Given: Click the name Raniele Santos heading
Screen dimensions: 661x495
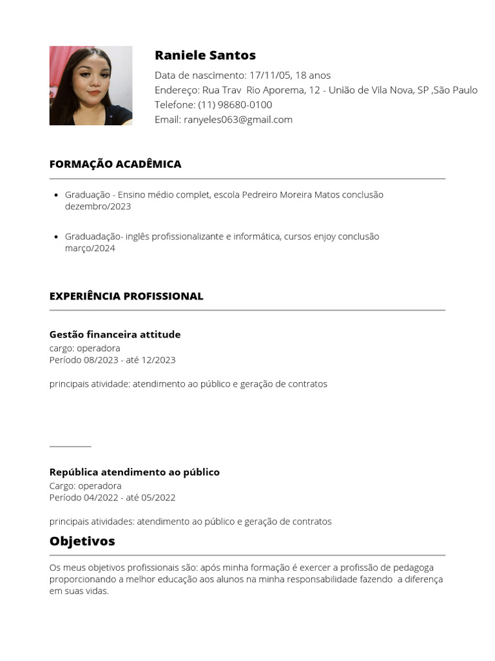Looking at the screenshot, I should [205, 56].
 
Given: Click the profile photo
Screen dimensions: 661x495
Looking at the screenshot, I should [91, 86].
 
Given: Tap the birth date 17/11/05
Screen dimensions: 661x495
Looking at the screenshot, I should [269, 75].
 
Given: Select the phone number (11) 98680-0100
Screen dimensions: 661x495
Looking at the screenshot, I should [235, 105].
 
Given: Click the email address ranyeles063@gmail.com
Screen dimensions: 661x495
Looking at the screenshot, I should [238, 119].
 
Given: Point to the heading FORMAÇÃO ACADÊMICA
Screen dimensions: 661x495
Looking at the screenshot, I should [115, 164].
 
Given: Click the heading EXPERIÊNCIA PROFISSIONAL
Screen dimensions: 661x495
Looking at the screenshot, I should [126, 296].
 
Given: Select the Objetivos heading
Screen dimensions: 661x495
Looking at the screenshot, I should [82, 541].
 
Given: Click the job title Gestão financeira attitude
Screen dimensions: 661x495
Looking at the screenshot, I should [115, 334].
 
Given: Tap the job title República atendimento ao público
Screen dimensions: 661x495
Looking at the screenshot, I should [134, 472].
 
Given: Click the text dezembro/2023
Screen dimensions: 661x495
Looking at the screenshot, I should [98, 207].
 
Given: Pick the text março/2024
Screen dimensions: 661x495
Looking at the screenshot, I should [90, 249].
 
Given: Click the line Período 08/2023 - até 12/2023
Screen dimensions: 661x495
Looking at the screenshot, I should [112, 360].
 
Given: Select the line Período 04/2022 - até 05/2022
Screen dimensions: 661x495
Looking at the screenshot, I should [112, 498].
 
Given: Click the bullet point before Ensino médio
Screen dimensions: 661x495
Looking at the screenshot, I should [57, 195].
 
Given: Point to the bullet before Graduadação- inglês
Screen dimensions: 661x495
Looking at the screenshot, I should [57, 237].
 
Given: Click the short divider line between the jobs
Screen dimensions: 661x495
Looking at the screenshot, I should [70, 446].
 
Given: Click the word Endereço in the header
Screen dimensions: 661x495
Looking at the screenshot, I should [176, 90].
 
